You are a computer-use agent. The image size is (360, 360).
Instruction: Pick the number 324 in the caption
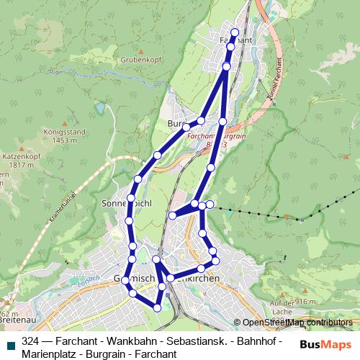click(x=31, y=341)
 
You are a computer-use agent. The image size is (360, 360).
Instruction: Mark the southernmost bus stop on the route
click(x=157, y=308)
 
